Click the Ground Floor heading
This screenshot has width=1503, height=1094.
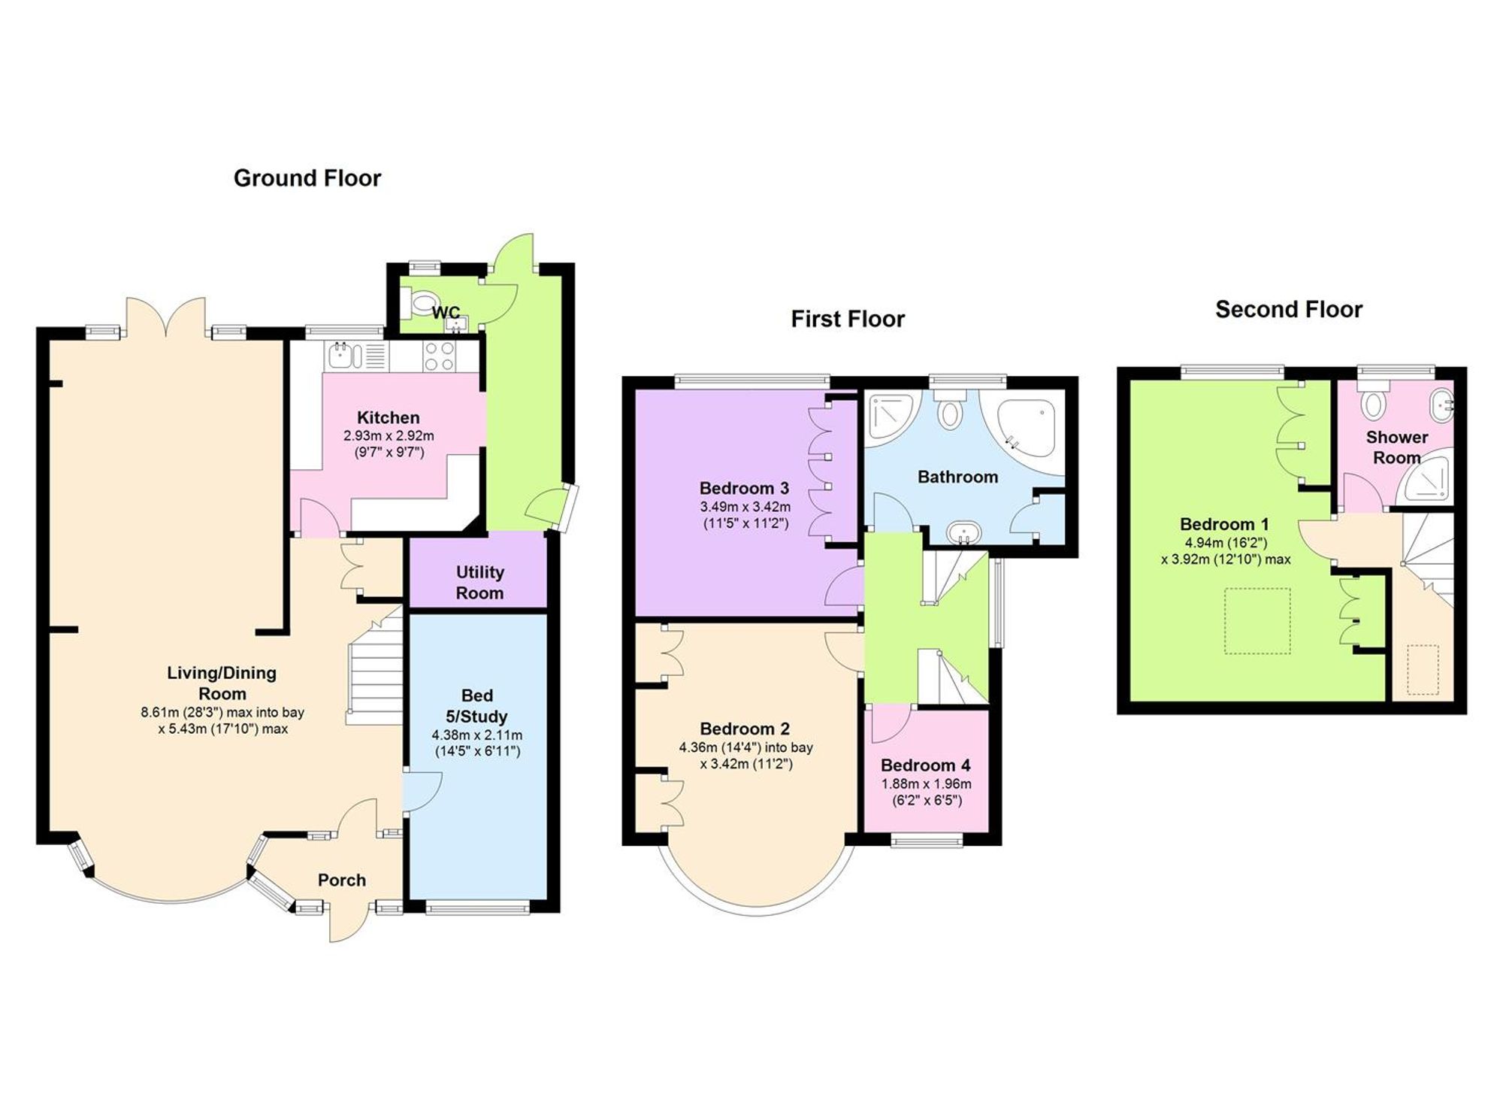point(307,178)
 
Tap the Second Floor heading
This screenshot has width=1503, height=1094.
point(1288,310)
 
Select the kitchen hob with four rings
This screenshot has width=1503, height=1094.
point(438,356)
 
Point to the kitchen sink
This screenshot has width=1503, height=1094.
point(345,355)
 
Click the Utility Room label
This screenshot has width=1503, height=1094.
point(479,582)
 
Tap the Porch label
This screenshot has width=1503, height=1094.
point(341,880)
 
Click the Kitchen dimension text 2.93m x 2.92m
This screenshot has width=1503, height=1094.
point(388,436)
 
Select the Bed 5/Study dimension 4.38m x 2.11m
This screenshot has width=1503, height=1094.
point(476,735)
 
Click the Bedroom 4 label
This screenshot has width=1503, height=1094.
point(925,765)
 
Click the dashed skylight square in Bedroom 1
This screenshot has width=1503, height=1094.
point(1257,621)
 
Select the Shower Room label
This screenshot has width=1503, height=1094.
point(1396,447)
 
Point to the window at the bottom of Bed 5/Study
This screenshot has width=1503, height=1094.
point(477,908)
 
